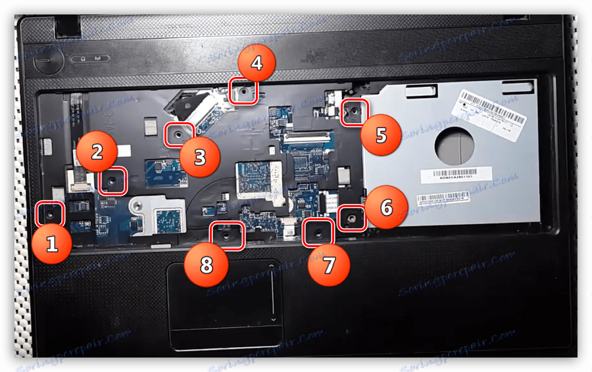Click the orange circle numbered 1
tap(51, 244)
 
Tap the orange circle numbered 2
tap(97, 152)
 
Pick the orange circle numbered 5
tap(381, 135)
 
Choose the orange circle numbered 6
tap(386, 208)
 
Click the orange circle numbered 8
tap(207, 265)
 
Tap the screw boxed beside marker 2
tap(112, 179)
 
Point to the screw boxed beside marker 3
tap(178, 135)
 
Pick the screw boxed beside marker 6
tap(352, 218)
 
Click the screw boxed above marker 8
tap(226, 234)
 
